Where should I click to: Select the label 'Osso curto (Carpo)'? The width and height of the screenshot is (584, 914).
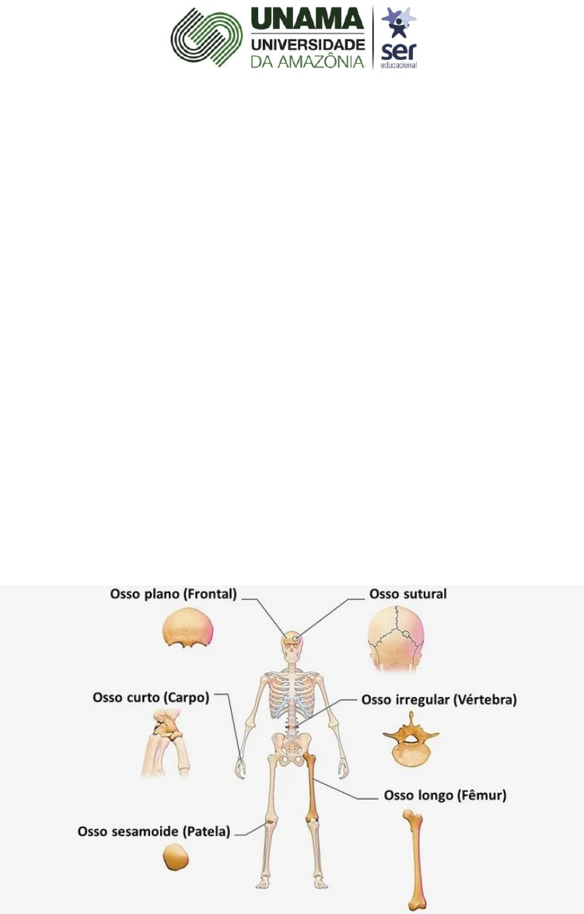[x=151, y=697]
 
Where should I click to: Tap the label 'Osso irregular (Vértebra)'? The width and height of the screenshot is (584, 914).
[x=439, y=699]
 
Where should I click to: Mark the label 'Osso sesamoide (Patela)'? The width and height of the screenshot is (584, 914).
[x=154, y=832]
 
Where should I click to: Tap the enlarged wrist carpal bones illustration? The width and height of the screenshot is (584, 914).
[x=166, y=744]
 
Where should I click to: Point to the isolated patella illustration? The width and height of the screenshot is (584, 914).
[x=176, y=860]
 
